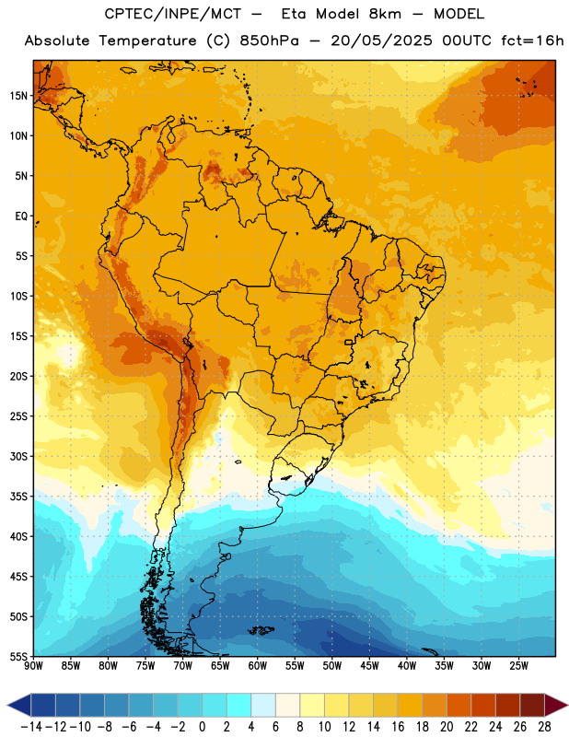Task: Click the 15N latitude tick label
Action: (x=18, y=96)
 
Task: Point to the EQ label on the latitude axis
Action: (x=21, y=216)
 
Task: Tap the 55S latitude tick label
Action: (x=18, y=656)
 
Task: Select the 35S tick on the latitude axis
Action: (x=18, y=497)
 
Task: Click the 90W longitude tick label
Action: (x=33, y=666)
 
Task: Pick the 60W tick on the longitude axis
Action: (x=258, y=666)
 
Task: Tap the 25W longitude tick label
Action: (x=518, y=666)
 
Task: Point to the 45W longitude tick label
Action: (x=369, y=666)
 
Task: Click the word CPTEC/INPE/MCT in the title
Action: (x=172, y=14)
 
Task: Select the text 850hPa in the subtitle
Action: (x=269, y=41)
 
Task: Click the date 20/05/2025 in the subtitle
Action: (x=381, y=41)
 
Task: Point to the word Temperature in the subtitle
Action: (x=147, y=41)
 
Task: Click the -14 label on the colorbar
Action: (x=31, y=727)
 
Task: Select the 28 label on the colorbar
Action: (x=544, y=727)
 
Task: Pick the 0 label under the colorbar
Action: (x=202, y=727)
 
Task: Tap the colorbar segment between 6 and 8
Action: (x=287, y=705)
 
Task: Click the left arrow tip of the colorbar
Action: (x=7, y=705)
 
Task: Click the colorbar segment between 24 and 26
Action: (x=507, y=705)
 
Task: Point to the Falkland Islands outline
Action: (x=261, y=630)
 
